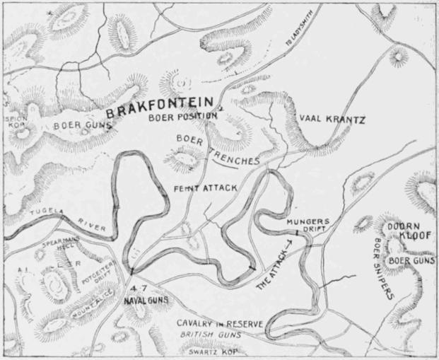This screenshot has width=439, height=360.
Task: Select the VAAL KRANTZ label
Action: coord(332,119)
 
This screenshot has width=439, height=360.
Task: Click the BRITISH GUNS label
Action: coord(210,335)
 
